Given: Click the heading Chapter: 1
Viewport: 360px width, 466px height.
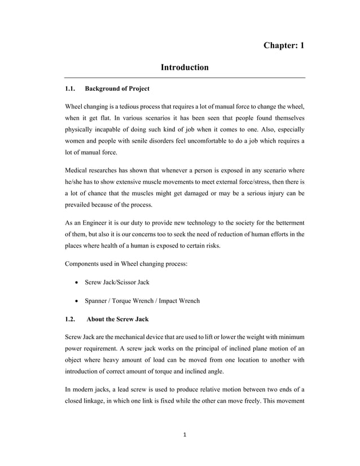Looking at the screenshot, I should pos(284,45).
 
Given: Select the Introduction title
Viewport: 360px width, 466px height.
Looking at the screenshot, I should pos(185,68).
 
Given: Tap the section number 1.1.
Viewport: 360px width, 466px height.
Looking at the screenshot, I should pos(71,89).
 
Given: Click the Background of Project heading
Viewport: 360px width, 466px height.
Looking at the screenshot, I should pos(117,89).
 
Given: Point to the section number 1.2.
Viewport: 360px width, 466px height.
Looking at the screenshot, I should pos(71,319).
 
